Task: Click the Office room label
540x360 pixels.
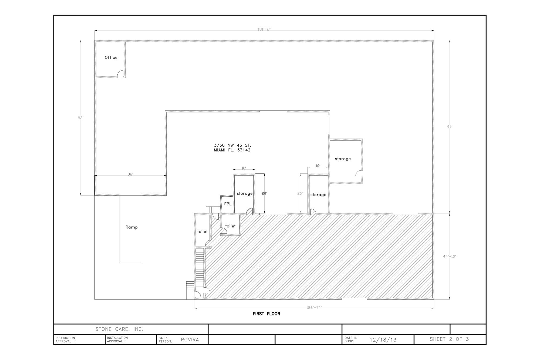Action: coord(111,58)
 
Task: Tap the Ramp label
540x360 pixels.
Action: coord(131,227)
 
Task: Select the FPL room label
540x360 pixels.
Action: coord(228,204)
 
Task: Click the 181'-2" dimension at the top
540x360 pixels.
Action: coord(264,29)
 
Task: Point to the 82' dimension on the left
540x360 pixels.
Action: coord(81,118)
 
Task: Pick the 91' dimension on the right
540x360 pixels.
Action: coord(450,127)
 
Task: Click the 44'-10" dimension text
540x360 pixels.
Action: coord(450,256)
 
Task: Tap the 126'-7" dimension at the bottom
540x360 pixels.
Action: coord(314,307)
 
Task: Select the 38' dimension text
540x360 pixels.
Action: coord(130,174)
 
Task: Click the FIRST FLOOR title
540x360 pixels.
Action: coord(266,314)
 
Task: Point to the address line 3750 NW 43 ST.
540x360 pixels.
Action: coord(232,145)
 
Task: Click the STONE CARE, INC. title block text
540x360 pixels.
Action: coord(119,329)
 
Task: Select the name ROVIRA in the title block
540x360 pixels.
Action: coord(190,340)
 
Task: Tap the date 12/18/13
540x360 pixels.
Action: coord(383,340)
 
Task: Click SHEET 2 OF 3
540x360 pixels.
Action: coord(449,339)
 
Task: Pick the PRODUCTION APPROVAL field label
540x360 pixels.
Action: coord(65,339)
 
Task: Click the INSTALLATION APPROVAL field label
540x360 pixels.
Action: coord(117,339)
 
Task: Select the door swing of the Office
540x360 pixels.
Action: coord(120,74)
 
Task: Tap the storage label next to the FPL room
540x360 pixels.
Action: coord(245,194)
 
